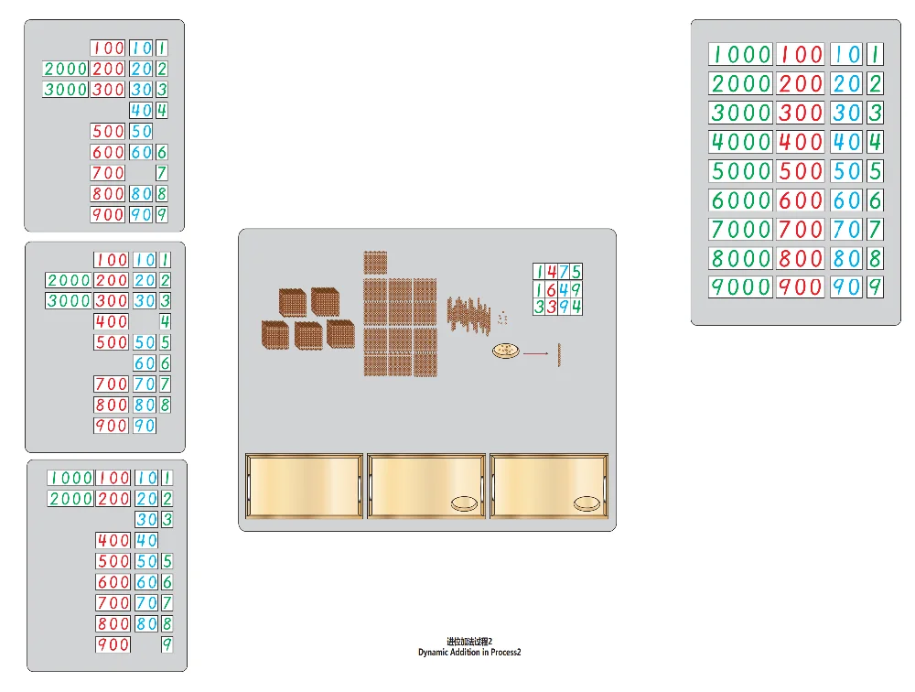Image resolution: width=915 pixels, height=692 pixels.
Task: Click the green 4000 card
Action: tap(740, 142)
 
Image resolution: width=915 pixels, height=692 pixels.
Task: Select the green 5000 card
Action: tap(740, 171)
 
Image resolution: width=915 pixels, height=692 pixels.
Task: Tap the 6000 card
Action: tap(740, 200)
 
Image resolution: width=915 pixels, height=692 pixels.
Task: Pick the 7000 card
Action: tap(740, 229)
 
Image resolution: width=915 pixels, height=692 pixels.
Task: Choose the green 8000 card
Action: tap(740, 258)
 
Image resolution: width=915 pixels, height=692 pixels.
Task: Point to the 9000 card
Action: tap(740, 287)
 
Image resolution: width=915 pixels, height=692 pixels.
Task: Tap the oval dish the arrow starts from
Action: tap(505, 351)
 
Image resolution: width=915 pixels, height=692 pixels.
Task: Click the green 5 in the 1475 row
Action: tap(576, 272)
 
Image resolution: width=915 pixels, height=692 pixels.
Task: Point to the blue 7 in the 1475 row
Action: tap(564, 272)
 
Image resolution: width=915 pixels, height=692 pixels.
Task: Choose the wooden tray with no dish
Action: tap(305, 486)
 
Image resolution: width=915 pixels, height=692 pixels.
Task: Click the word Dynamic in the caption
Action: tap(435, 653)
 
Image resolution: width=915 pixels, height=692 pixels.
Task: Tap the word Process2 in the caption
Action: tap(505, 653)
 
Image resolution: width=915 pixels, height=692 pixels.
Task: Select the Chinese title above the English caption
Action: tap(469, 642)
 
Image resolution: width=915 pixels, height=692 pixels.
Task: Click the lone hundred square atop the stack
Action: tap(376, 263)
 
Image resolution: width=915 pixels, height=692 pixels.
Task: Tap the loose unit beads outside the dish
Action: tap(502, 317)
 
